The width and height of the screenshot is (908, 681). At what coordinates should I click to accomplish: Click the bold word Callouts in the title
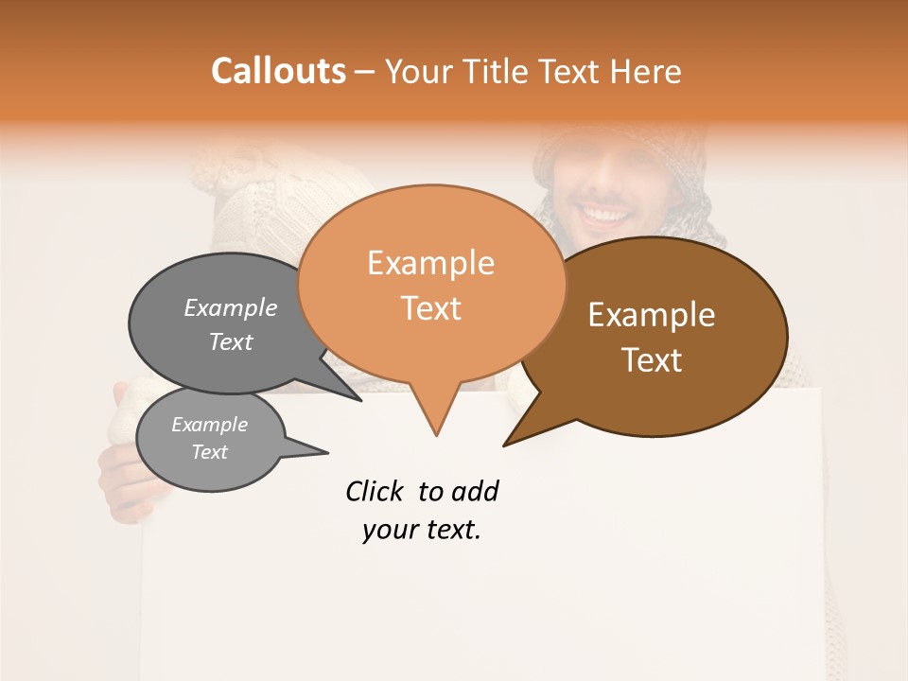[x=278, y=71]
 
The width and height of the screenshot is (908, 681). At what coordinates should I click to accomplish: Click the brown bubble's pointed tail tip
[x=505, y=445]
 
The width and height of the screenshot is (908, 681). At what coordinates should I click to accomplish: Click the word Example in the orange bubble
[x=431, y=263]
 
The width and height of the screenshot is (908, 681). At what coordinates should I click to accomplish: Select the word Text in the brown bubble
[x=653, y=359]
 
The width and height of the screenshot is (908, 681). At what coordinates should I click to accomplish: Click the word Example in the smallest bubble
[x=209, y=425]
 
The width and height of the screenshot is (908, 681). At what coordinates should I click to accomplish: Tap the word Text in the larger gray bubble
[x=231, y=341]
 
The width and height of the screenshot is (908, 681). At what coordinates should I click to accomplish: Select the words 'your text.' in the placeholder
[x=422, y=530]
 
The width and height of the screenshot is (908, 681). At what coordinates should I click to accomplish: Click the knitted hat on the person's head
[x=605, y=151]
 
